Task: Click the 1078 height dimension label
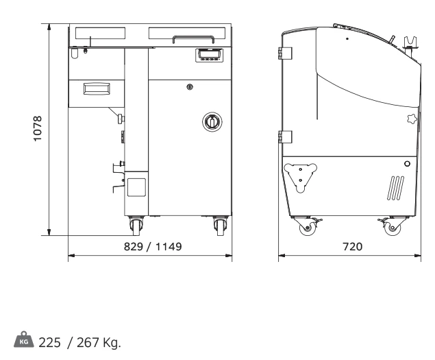[x=38, y=129]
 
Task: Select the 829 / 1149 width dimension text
[x=153, y=246]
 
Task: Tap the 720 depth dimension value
[x=352, y=246]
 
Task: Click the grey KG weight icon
[x=24, y=339]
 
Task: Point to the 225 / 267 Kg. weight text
[x=80, y=342]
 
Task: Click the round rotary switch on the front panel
[x=212, y=121]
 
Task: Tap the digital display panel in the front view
[x=210, y=55]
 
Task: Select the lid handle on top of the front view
[x=193, y=39]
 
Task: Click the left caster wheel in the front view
[x=136, y=226]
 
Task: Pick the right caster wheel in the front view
[x=221, y=226]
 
